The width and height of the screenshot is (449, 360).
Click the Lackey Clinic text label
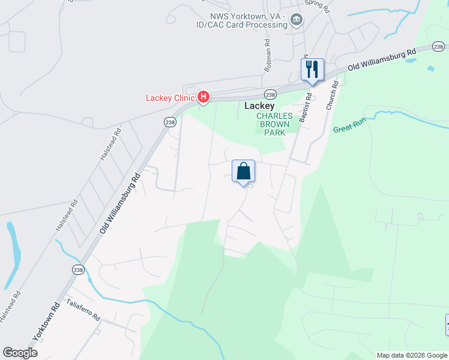[x=170, y=98]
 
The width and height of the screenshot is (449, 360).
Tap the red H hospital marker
[x=203, y=96]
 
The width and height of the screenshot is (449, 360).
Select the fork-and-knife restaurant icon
[x=312, y=69]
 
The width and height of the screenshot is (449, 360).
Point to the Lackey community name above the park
[x=259, y=106]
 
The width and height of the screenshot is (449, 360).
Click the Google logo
[x=20, y=353]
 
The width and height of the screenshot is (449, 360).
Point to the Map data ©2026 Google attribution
[x=411, y=355]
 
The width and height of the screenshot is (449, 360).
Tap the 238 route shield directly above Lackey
[x=270, y=95]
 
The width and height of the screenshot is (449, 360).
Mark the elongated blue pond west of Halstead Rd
[x=13, y=255]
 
